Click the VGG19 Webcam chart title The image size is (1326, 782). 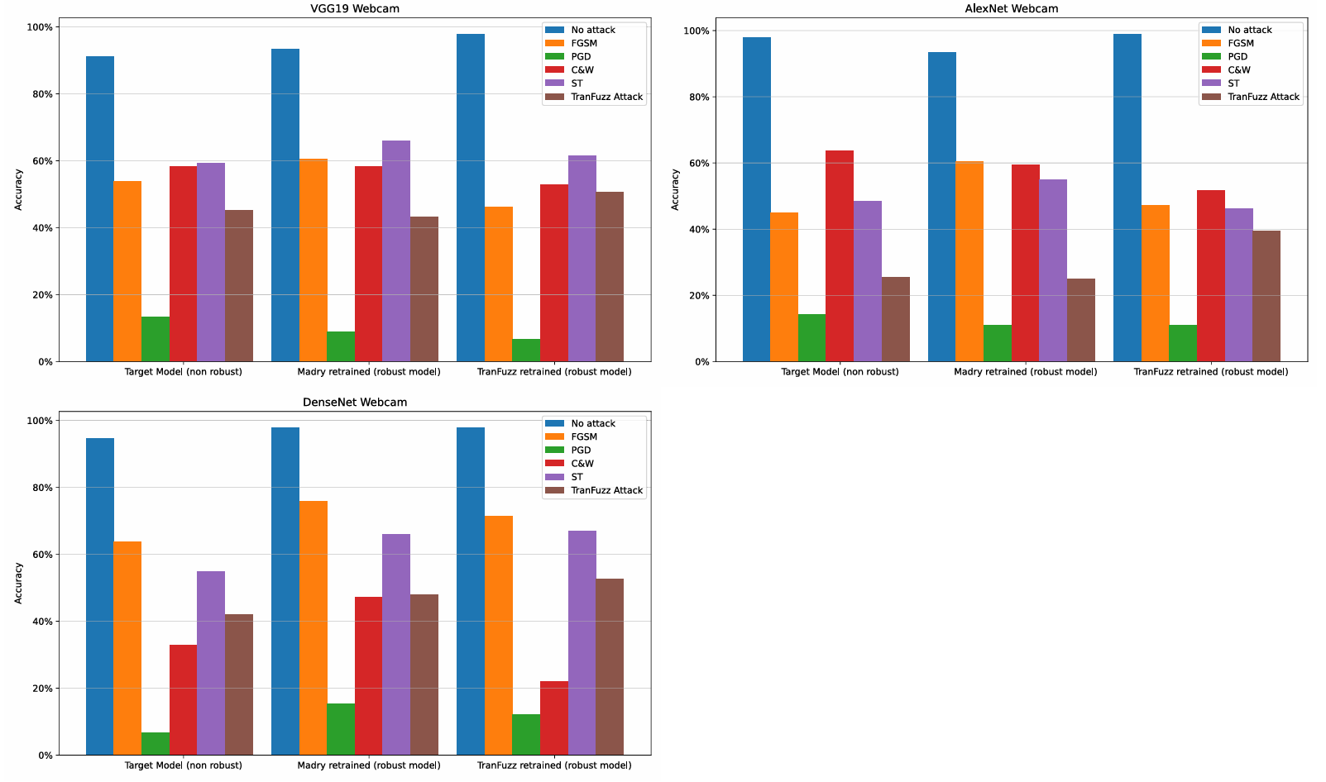tap(354, 8)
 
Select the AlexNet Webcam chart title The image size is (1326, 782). tap(1011, 8)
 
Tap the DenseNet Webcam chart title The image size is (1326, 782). tap(354, 402)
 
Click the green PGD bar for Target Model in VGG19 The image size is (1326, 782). tap(156, 339)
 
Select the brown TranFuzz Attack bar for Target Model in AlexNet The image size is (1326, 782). tap(896, 319)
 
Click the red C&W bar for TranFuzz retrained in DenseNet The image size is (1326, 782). tap(554, 718)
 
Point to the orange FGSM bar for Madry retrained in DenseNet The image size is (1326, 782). tap(314, 627)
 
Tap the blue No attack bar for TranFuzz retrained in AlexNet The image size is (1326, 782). tap(1127, 198)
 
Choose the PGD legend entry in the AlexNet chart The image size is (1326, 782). tap(1237, 56)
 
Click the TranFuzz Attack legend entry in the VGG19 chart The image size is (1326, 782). tap(606, 97)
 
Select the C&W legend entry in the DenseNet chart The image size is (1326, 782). tap(582, 463)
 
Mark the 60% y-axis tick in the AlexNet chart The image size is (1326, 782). tap(698, 163)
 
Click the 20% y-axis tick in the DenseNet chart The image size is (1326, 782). tap(42, 688)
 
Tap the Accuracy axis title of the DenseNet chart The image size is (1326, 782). tap(18, 583)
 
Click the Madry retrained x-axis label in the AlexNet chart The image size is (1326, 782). tap(1025, 371)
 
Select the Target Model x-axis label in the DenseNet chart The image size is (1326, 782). tap(183, 765)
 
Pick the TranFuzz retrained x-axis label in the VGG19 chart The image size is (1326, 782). tap(553, 371)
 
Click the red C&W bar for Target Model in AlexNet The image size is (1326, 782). tap(840, 255)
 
